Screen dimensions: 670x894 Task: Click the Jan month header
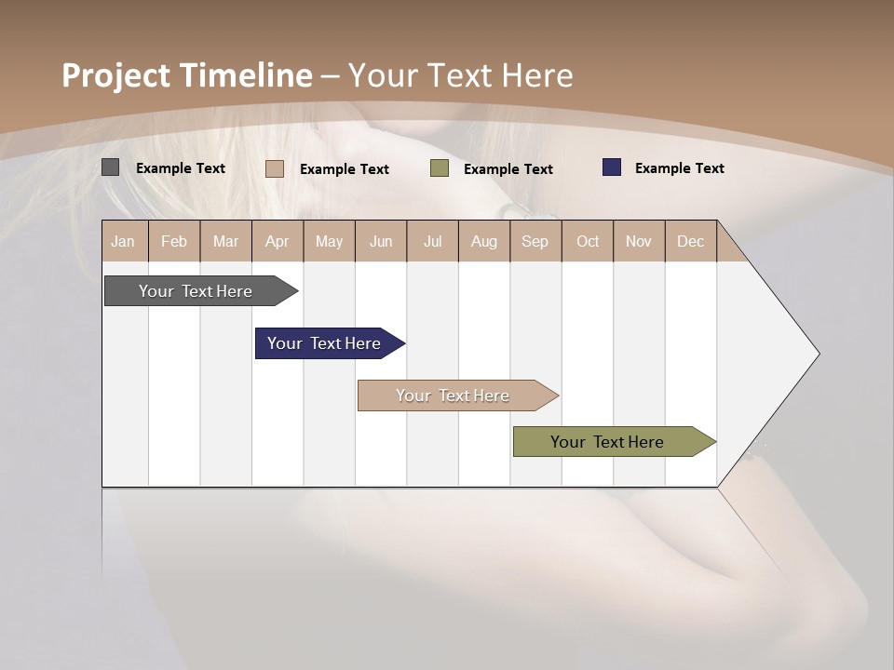click(x=123, y=241)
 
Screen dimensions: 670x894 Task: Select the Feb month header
click(x=174, y=241)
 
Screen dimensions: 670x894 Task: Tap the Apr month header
click(x=277, y=241)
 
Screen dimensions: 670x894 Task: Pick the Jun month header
click(x=381, y=241)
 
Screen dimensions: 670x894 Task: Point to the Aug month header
click(x=483, y=241)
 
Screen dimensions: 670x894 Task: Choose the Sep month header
click(x=535, y=241)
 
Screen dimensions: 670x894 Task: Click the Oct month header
click(x=588, y=241)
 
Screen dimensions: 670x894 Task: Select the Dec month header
click(x=690, y=241)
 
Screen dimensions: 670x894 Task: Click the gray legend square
click(x=111, y=167)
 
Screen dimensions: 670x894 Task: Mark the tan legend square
click(x=275, y=168)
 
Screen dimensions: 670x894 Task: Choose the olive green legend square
click(x=440, y=168)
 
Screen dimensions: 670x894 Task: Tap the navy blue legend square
click(x=612, y=167)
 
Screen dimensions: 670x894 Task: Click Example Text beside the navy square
click(x=679, y=168)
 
